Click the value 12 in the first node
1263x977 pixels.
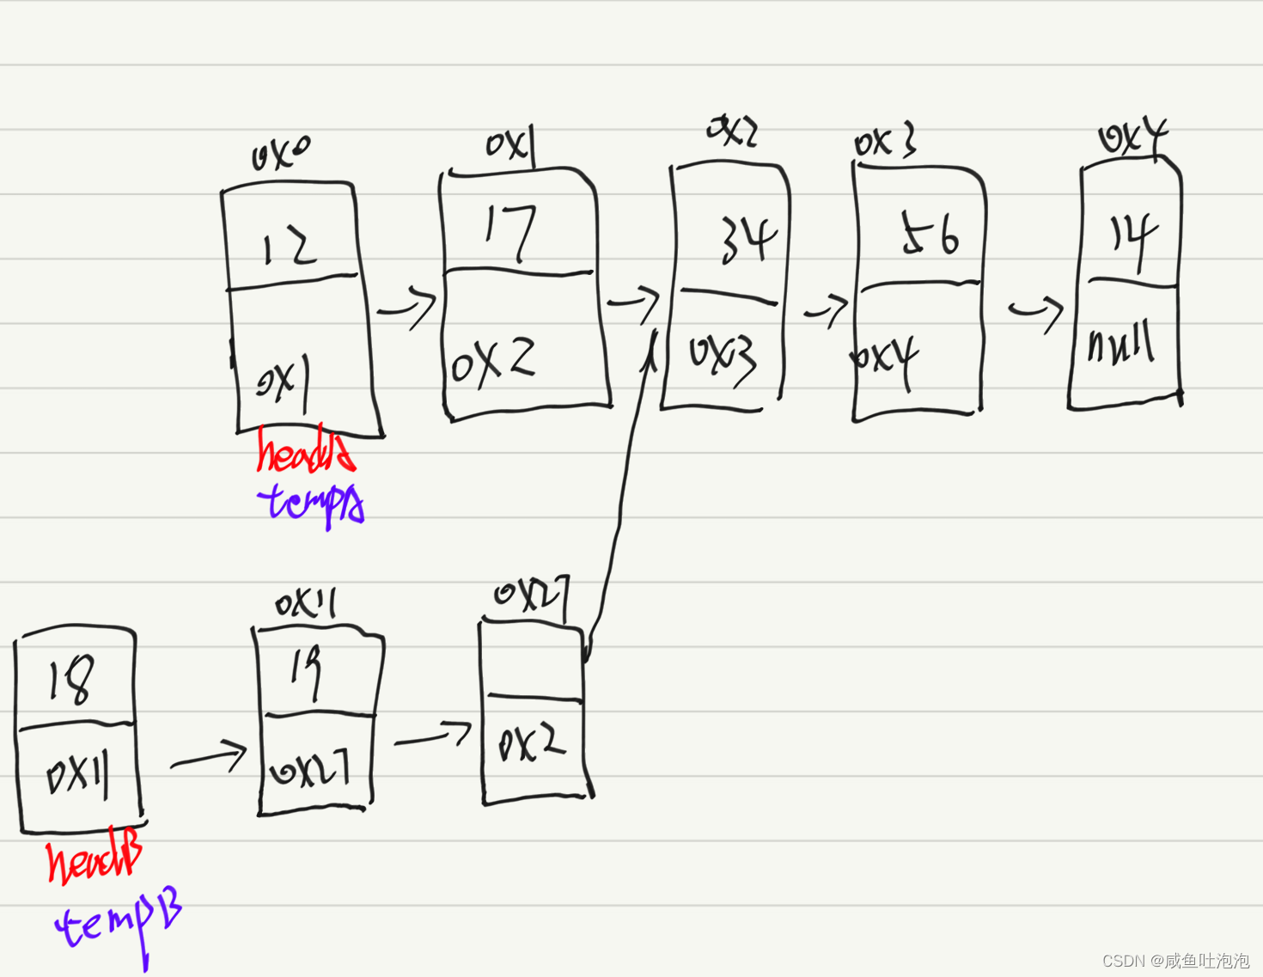coord(290,247)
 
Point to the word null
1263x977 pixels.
coord(1120,345)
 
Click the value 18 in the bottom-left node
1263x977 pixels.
coord(70,681)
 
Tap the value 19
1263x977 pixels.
coord(305,672)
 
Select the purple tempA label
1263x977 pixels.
coord(311,503)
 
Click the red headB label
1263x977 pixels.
coord(94,860)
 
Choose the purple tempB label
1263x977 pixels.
coord(119,925)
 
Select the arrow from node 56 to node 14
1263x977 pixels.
coord(1036,311)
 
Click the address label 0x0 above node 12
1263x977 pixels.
coord(280,154)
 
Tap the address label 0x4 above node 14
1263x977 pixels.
coord(1132,137)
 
